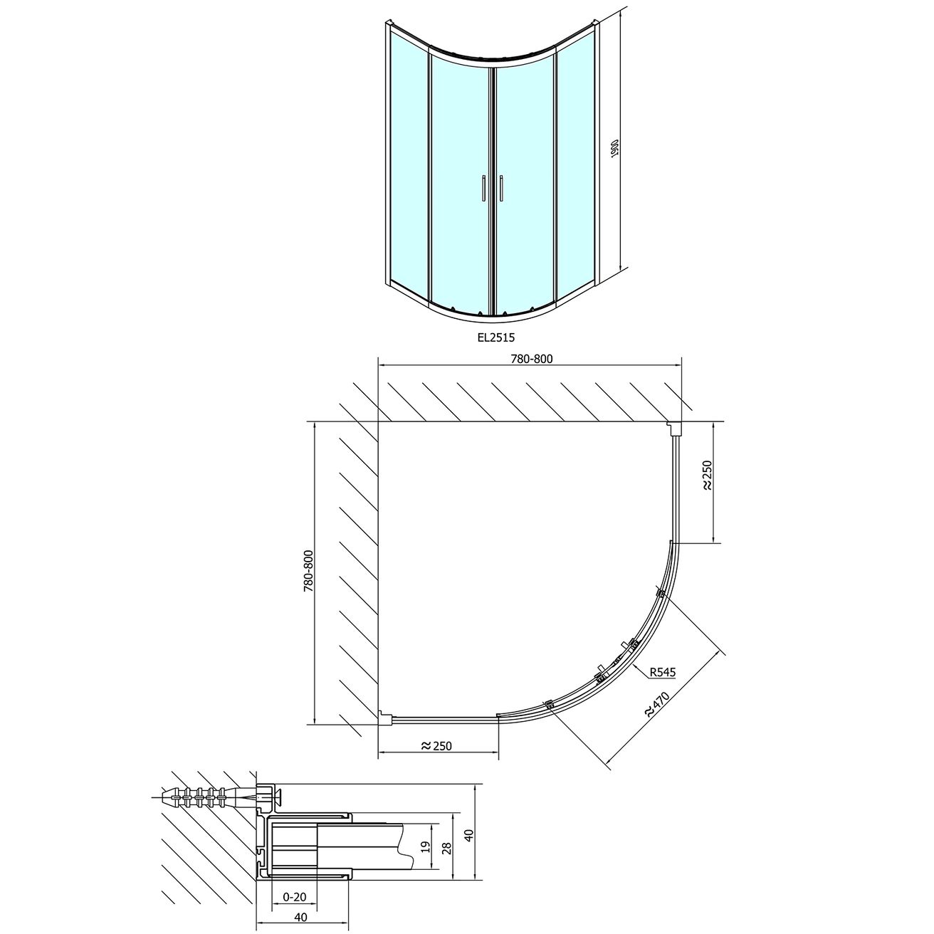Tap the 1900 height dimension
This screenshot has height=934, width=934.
(x=614, y=149)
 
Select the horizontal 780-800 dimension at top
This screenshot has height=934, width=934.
(x=532, y=359)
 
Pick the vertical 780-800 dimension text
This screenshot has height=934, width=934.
(x=308, y=571)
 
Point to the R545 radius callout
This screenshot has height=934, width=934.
(x=663, y=672)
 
